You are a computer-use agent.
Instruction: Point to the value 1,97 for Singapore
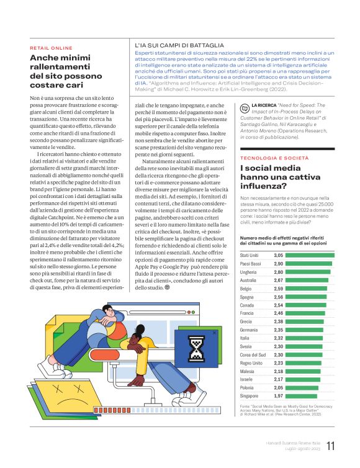279,395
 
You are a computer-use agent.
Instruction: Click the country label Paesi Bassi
251,264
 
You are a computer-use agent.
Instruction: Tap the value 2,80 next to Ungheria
279,272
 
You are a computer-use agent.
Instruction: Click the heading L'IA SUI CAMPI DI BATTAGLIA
179,45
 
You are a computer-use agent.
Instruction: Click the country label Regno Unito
251,362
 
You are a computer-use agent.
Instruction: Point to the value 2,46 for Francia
279,313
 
